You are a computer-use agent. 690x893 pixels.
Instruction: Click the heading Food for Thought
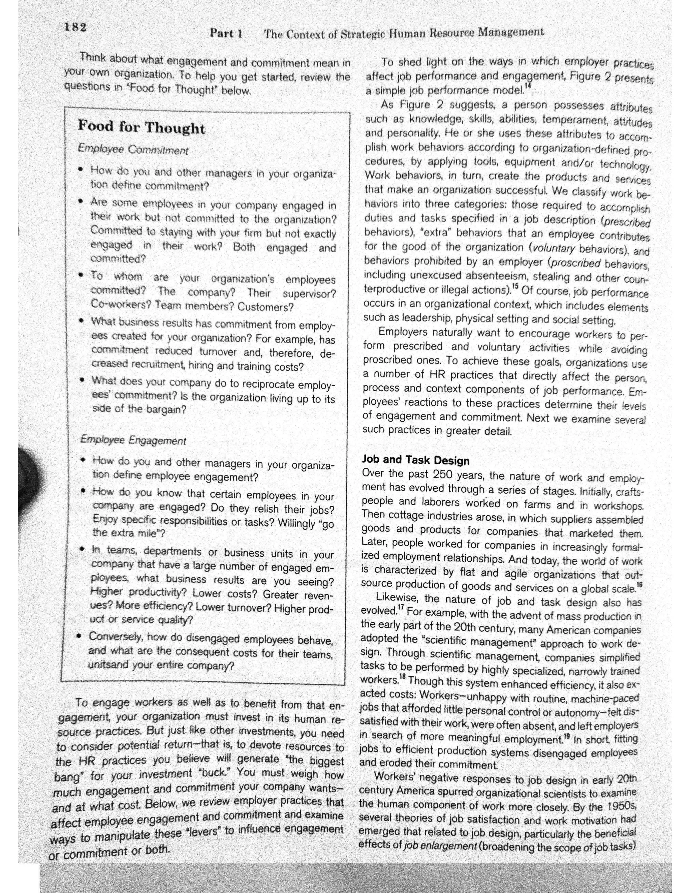point(142,127)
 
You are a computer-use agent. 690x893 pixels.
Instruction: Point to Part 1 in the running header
point(226,33)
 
